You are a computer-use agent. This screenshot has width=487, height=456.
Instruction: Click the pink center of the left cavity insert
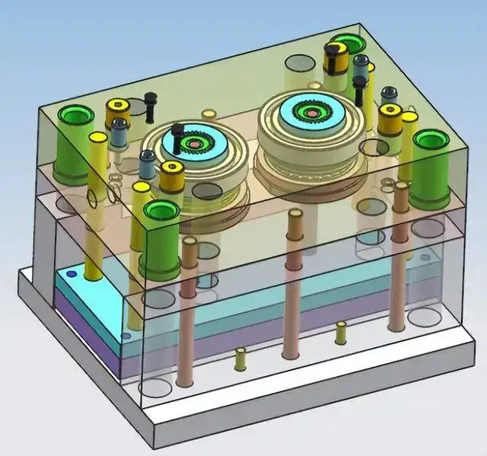(x=195, y=143)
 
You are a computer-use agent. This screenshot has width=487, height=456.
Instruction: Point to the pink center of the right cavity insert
(x=310, y=114)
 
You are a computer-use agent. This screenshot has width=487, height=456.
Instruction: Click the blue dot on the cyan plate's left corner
(x=72, y=274)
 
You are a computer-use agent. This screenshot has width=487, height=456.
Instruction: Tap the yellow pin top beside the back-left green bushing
(x=97, y=139)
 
